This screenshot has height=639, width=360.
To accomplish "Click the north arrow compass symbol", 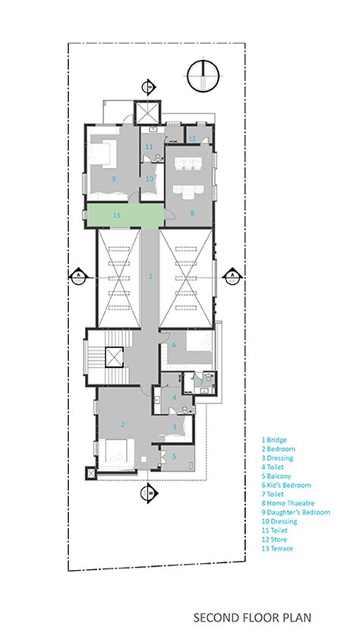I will (x=204, y=76).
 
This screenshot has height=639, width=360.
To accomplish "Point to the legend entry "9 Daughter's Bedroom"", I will (x=296, y=512).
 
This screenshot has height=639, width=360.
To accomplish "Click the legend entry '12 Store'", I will (x=276, y=539).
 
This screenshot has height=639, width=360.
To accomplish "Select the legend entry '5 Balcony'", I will (x=279, y=476).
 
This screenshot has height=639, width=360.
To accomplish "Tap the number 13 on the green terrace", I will (x=115, y=216).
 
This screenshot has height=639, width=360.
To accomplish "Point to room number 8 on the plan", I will (x=192, y=214).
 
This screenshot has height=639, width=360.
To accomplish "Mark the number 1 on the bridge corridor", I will (x=150, y=276).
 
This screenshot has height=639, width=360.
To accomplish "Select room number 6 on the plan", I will (x=174, y=345).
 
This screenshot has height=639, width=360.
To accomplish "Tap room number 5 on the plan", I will (x=174, y=456).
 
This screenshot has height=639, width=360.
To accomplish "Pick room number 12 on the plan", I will (x=193, y=138).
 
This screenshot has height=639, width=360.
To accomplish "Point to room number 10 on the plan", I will (x=150, y=179).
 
